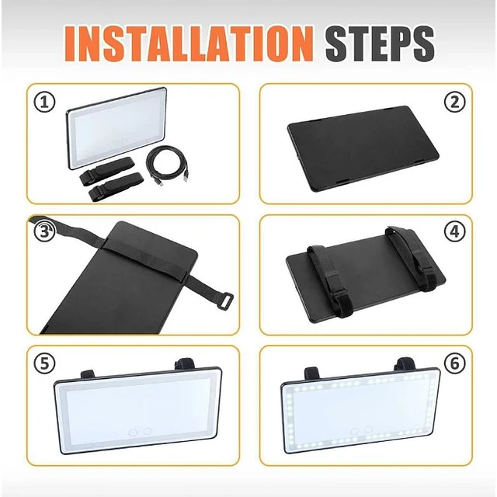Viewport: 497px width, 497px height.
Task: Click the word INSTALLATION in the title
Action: (189, 43)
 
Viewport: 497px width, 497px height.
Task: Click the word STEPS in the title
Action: (380, 43)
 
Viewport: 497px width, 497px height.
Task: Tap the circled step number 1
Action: (44, 102)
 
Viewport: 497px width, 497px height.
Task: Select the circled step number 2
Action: (454, 102)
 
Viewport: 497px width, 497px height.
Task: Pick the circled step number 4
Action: (454, 231)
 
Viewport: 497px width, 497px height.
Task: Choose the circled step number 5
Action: (44, 363)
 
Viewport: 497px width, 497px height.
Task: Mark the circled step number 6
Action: (454, 363)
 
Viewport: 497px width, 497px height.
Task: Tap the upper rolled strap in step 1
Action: (106, 171)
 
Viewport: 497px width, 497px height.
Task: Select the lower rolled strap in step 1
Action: (116, 187)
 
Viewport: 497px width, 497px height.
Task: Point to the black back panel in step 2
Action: (363, 148)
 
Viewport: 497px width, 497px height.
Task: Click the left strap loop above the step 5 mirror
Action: (88, 374)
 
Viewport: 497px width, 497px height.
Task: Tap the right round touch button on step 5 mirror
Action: (148, 431)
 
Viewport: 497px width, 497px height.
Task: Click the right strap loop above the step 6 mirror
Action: (405, 364)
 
